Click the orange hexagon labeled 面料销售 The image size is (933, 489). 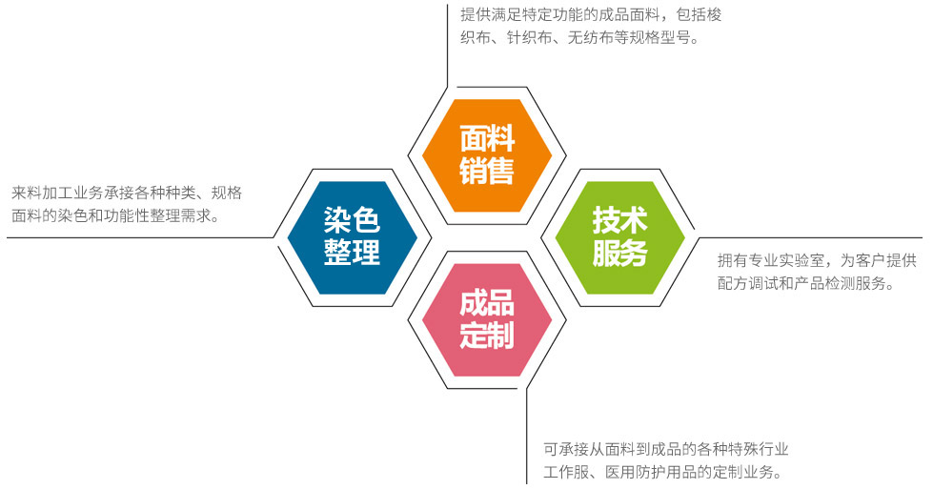487,156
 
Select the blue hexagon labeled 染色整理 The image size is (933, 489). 353,237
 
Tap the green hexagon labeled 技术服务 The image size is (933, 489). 620,237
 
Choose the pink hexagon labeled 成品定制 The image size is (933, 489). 487,320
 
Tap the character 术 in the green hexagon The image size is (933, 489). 634,221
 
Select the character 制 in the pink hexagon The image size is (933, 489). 501,336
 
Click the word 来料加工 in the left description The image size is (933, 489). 42,193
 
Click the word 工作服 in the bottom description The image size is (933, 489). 566,472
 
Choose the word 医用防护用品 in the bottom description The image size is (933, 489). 651,472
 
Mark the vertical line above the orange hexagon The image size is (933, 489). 447,46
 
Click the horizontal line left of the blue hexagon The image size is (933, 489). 140,238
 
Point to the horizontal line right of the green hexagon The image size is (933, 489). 810,238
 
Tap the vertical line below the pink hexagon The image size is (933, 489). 527,436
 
